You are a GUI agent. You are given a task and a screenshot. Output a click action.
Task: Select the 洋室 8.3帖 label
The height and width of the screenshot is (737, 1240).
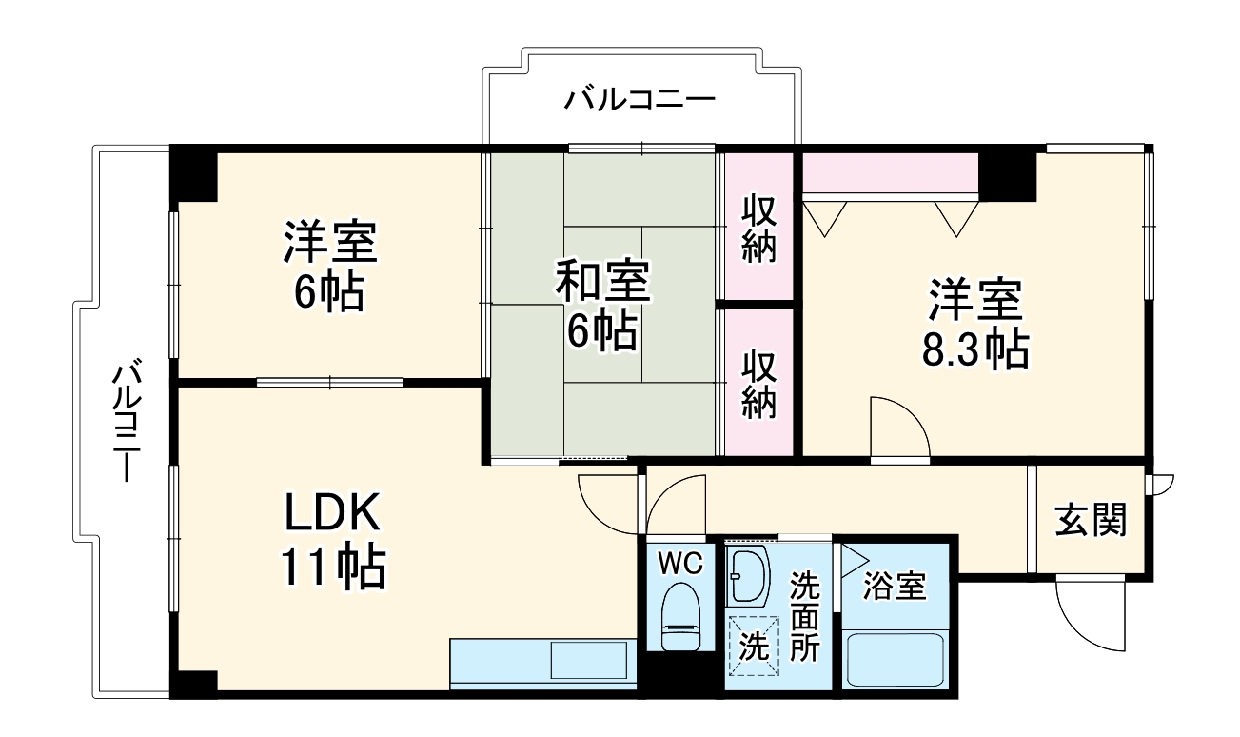pyautogui.click(x=974, y=325)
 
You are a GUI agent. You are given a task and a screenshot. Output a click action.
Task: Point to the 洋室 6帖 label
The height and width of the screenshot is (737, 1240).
pyautogui.click(x=329, y=268)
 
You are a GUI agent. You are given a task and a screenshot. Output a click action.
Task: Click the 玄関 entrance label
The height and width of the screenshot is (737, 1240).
pyautogui.click(x=1091, y=520)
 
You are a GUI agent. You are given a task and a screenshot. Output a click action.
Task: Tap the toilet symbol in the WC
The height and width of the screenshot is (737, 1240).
pyautogui.click(x=679, y=614)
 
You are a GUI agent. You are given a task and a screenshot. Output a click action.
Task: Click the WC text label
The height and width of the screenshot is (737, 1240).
pyautogui.click(x=680, y=564)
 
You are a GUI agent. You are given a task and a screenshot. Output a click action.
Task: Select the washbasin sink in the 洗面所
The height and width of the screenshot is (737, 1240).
pyautogui.click(x=748, y=575)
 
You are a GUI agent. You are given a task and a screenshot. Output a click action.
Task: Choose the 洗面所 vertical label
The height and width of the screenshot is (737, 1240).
pyautogui.click(x=805, y=616)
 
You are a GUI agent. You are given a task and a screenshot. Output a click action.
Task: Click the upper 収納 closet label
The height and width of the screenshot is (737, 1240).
pyautogui.click(x=758, y=229)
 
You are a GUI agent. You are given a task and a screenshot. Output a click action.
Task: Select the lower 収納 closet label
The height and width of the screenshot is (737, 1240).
pyautogui.click(x=758, y=385)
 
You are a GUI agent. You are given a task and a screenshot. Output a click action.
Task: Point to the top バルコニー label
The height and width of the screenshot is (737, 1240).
pyautogui.click(x=639, y=99)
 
